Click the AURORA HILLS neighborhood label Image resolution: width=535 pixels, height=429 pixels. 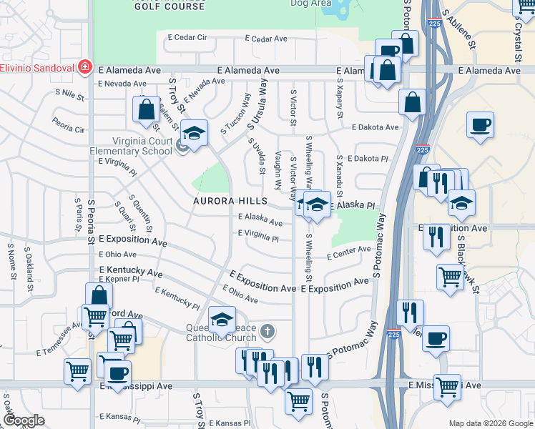[229, 202]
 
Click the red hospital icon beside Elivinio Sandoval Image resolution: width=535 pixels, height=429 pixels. [84, 66]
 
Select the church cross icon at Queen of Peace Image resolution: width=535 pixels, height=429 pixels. [267, 331]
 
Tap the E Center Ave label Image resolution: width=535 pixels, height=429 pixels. [348, 252]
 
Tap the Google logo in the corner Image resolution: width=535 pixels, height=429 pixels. [24, 420]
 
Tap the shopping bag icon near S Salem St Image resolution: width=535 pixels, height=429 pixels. [146, 109]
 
